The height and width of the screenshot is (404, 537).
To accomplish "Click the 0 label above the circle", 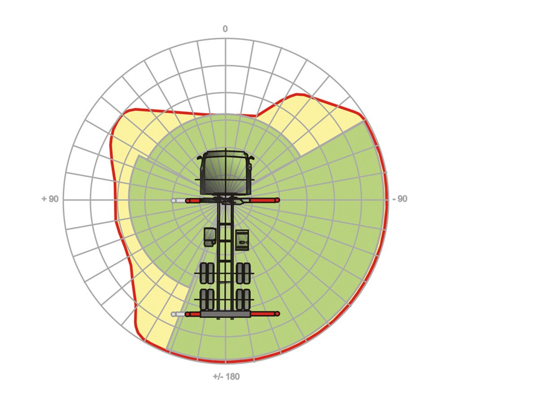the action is point(225,29).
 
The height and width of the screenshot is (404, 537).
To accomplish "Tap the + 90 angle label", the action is point(50,199).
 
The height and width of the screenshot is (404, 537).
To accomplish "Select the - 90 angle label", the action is point(400,199).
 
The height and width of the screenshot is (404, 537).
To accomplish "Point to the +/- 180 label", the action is point(226,377).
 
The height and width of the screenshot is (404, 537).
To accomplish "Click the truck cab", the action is point(226,173).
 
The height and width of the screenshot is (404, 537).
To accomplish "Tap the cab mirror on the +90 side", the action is point(199,158).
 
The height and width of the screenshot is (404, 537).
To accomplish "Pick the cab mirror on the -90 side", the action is point(252,158).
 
